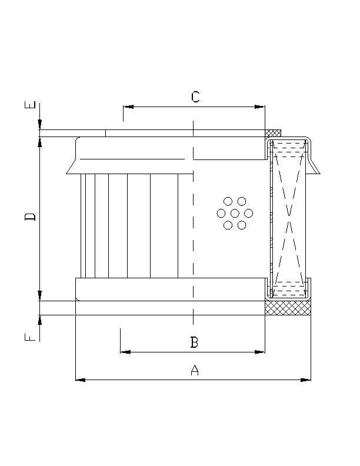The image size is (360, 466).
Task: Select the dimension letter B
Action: (194, 342)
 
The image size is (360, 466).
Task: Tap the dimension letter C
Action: (195, 97)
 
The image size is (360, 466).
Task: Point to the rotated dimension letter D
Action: (31, 217)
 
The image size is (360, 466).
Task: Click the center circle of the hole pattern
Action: (235, 213)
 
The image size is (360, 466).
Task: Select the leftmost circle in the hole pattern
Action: (221, 213)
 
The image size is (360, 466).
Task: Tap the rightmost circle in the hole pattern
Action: (248, 213)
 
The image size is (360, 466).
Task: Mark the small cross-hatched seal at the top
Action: (273, 132)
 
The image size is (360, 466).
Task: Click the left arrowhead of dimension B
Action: (125, 352)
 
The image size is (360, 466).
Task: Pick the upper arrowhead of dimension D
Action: (39, 142)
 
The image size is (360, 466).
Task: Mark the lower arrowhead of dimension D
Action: (39, 296)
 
